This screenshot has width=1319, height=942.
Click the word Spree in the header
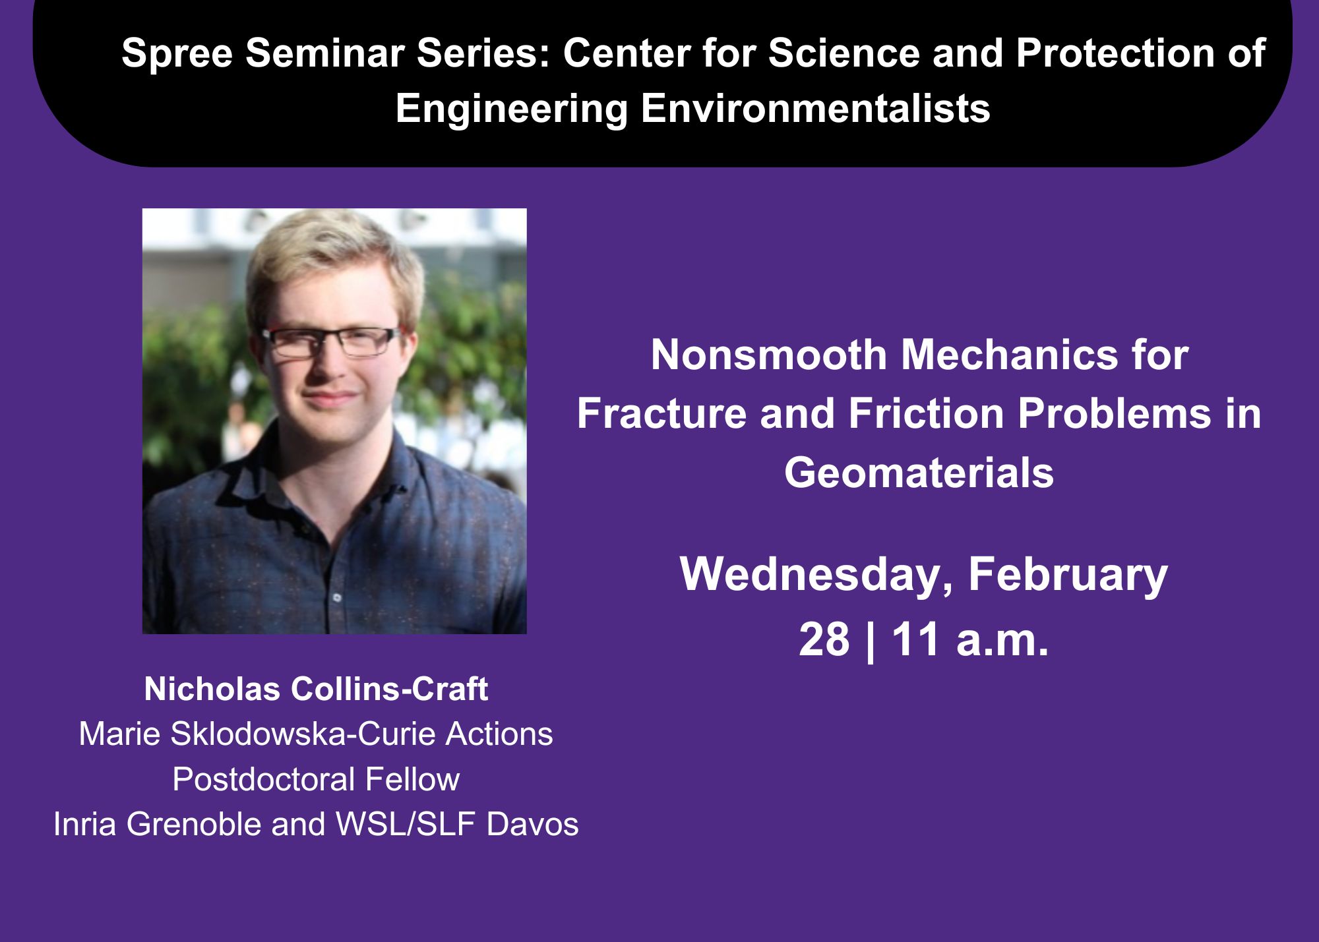click(177, 54)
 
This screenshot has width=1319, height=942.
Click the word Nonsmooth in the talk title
click(769, 355)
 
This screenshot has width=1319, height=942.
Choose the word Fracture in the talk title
click(662, 414)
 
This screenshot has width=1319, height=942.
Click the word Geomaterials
click(919, 473)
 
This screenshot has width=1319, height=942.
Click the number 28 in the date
click(824, 639)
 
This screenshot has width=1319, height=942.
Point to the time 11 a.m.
click(969, 639)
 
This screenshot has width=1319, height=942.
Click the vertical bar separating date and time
click(871, 641)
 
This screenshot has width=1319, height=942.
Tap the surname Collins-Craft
click(389, 689)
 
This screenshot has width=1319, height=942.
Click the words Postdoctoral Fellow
click(316, 779)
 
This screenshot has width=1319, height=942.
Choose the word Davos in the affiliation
click(532, 824)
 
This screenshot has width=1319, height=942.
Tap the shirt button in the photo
click(337, 598)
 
